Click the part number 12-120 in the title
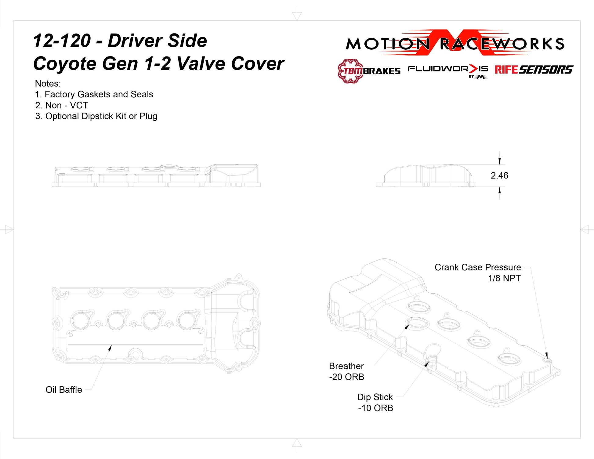pyautogui.click(x=62, y=41)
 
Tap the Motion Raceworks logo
pyautogui.click(x=455, y=43)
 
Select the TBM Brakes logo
pyautogui.click(x=369, y=71)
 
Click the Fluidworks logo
pyautogui.click(x=448, y=71)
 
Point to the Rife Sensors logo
pyautogui.click(x=534, y=70)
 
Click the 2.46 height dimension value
pyautogui.click(x=499, y=175)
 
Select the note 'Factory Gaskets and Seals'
pyautogui.click(x=94, y=95)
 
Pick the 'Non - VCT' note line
pyautogui.click(x=62, y=105)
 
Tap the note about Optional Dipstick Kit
pyautogui.click(x=96, y=116)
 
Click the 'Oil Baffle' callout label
pyautogui.click(x=64, y=390)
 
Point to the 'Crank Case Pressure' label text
pyautogui.click(x=478, y=267)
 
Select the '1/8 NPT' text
pyautogui.click(x=504, y=278)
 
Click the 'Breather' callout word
pyautogui.click(x=346, y=366)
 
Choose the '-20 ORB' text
pyautogui.click(x=347, y=377)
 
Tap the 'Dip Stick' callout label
pyautogui.click(x=375, y=397)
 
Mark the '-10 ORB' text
pyautogui.click(x=375, y=408)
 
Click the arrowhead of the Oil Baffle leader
pyautogui.click(x=110, y=348)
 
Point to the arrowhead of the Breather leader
pyautogui.click(x=407, y=327)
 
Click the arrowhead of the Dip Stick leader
pyautogui.click(x=427, y=364)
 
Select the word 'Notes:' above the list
pyautogui.click(x=48, y=84)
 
